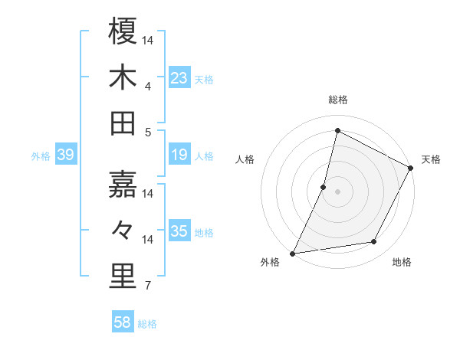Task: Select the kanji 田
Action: (x=123, y=124)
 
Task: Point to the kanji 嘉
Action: (x=123, y=184)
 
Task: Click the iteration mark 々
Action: (x=123, y=231)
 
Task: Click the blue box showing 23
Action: (x=179, y=77)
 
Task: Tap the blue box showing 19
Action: (x=179, y=155)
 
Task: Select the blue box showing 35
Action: (x=179, y=231)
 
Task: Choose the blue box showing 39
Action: (x=66, y=155)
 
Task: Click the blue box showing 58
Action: (x=123, y=322)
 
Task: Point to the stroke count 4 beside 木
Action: (x=147, y=86)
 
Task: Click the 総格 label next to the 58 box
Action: (x=147, y=324)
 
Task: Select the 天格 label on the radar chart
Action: (x=432, y=159)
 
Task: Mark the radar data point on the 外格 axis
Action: (x=292, y=253)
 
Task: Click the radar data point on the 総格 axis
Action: (x=337, y=131)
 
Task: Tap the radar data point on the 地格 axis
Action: (x=374, y=242)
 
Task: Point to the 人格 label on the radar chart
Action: (x=245, y=159)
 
